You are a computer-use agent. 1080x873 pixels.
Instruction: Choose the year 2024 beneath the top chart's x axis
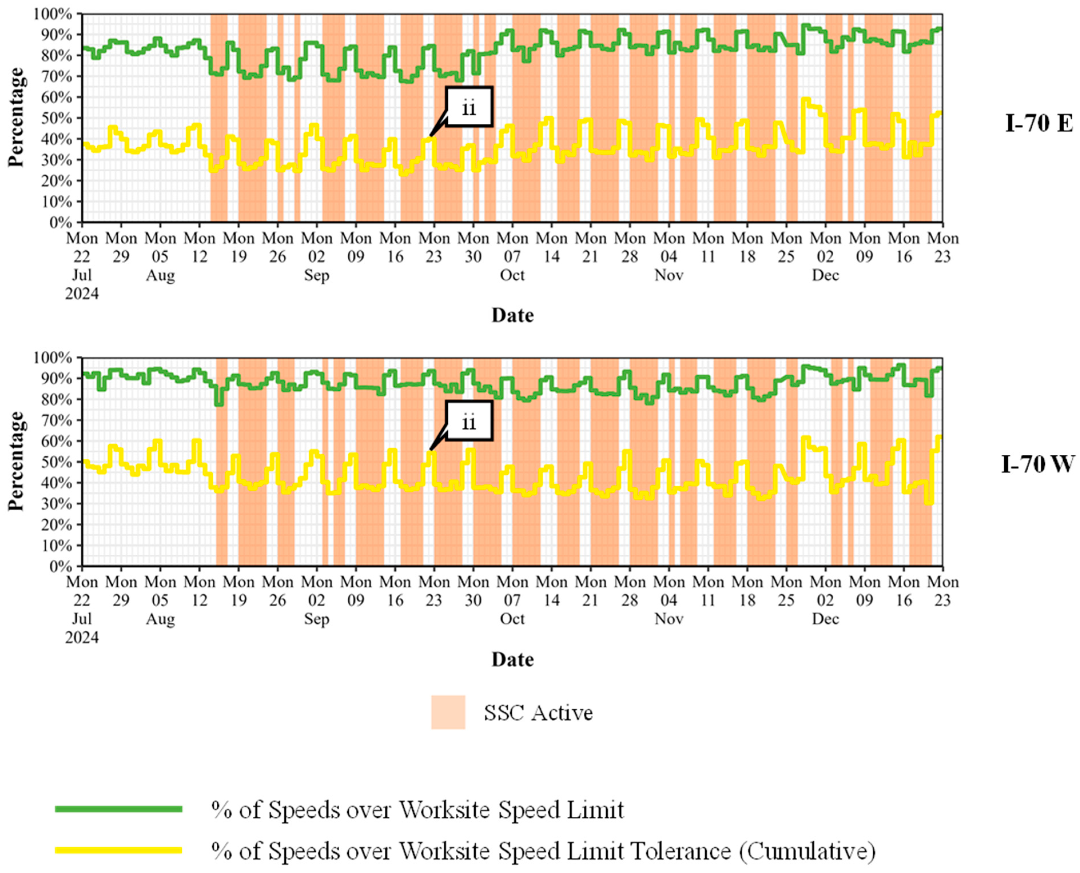coord(82,293)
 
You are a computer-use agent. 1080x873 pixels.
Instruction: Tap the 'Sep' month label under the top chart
coord(316,275)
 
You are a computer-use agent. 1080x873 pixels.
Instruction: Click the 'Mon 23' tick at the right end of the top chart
coord(942,247)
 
